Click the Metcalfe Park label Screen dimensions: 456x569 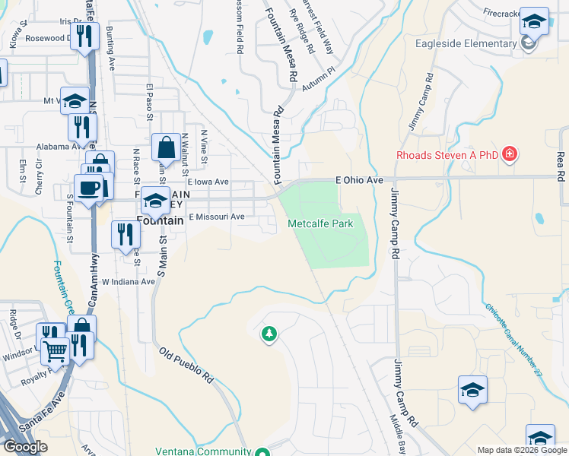click(x=320, y=223)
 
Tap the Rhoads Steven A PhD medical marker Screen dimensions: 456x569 click(x=510, y=155)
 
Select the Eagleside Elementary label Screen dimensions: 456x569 click(x=466, y=43)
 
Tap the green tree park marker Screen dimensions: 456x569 click(x=268, y=334)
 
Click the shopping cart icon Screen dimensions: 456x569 click(x=55, y=351)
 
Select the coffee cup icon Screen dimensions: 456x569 click(x=88, y=189)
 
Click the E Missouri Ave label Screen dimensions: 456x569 click(x=217, y=217)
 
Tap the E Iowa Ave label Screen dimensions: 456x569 click(x=208, y=182)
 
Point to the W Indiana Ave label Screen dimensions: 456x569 click(x=128, y=281)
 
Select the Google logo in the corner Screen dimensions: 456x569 click(x=25, y=447)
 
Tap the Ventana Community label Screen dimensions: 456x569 click(x=203, y=451)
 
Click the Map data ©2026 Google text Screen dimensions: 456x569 click(x=522, y=450)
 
